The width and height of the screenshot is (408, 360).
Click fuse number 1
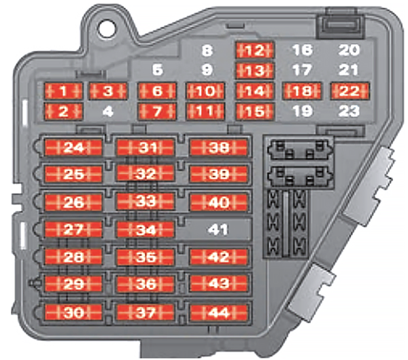tap(63, 91)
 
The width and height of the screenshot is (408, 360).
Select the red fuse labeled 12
tap(254, 50)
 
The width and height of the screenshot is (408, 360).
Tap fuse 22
tap(350, 91)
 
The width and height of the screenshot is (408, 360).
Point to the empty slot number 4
tap(107, 111)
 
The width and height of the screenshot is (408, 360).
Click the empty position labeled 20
tap(350, 50)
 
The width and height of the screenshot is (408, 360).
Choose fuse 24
tap(73, 147)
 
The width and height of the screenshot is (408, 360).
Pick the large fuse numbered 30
tap(73, 312)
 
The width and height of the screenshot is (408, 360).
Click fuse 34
tap(145, 229)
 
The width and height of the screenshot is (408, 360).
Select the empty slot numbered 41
tap(218, 230)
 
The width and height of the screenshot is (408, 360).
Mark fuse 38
tap(218, 147)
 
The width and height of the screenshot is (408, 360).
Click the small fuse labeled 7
tap(156, 111)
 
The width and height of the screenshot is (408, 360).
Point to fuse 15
tap(254, 111)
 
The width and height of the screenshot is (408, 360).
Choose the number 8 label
tap(207, 50)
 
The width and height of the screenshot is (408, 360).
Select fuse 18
tap(302, 91)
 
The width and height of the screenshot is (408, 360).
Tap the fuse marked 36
tap(145, 285)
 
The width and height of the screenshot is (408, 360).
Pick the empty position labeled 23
tap(350, 111)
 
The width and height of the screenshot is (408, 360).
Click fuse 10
tap(205, 91)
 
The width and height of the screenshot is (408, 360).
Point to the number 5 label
tap(158, 70)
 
